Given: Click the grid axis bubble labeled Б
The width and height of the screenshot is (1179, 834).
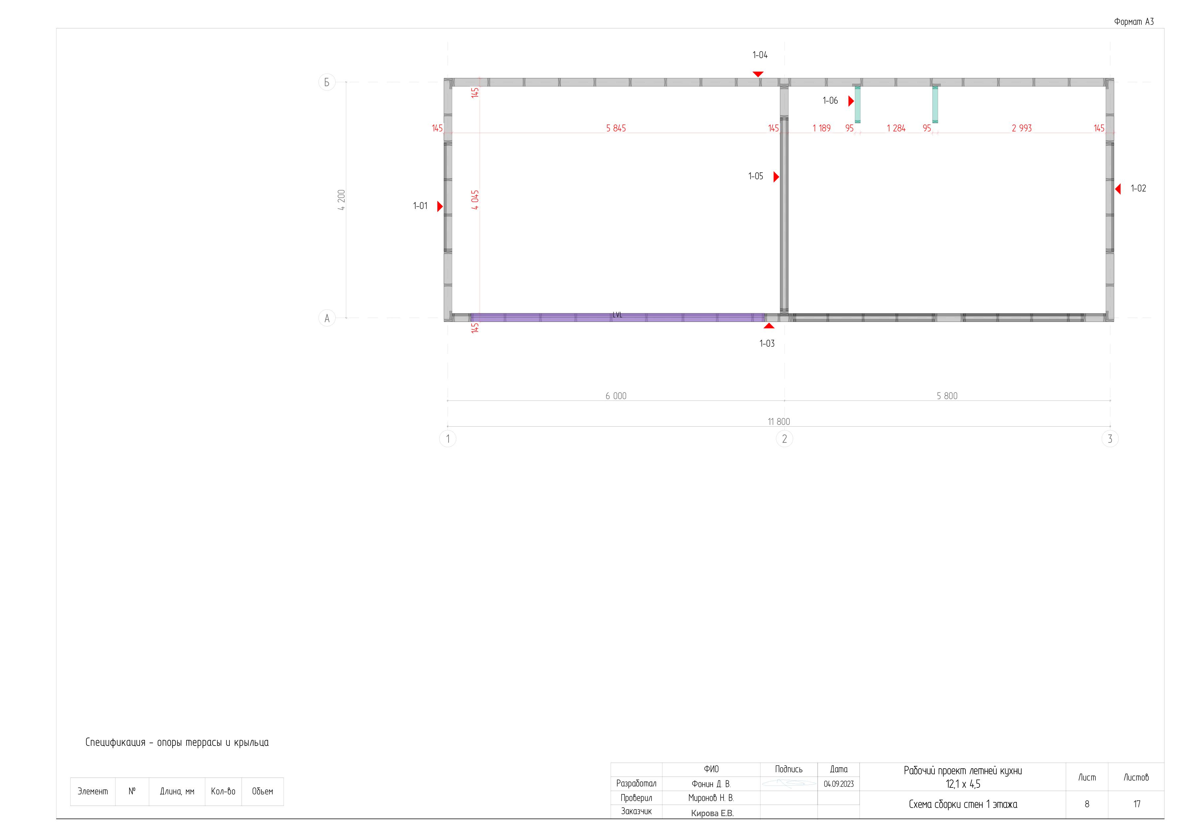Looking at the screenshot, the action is click(x=326, y=82).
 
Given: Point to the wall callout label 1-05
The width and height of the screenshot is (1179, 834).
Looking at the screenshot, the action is click(x=756, y=176).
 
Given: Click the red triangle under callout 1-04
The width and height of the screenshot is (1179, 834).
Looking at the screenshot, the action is click(x=758, y=74).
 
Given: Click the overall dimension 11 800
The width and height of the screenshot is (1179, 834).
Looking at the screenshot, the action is click(x=779, y=422).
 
